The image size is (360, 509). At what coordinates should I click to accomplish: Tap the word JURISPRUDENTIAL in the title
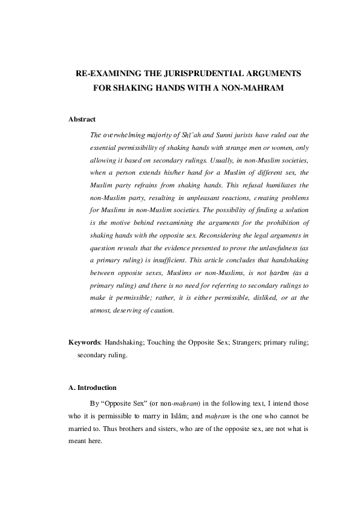191,73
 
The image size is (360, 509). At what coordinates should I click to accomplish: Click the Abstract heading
82,119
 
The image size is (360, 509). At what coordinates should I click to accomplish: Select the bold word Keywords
85,342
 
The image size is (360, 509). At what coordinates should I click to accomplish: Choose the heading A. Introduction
92,387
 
